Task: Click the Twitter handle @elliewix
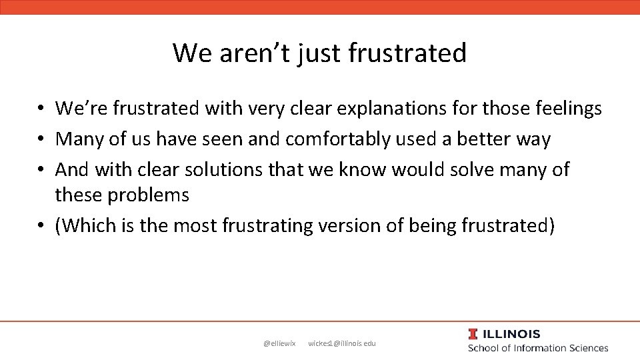click(x=279, y=343)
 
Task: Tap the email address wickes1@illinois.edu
click(x=342, y=343)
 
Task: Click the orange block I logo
click(x=473, y=334)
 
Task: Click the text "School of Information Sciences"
click(x=538, y=348)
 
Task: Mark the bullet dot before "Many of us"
click(x=41, y=140)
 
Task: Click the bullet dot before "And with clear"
click(x=41, y=171)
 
